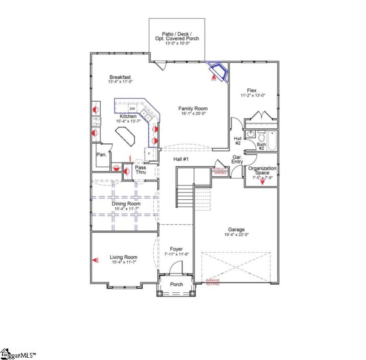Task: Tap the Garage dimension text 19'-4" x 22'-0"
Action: (x=236, y=235)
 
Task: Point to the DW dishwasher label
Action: (x=132, y=108)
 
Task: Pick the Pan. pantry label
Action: (x=101, y=155)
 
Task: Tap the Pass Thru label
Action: (x=140, y=170)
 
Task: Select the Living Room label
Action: (x=124, y=257)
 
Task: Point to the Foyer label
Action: (x=176, y=249)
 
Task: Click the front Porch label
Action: (x=177, y=284)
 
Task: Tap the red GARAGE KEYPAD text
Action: (x=212, y=282)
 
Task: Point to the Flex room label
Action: (x=252, y=90)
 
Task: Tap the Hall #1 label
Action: (x=181, y=159)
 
